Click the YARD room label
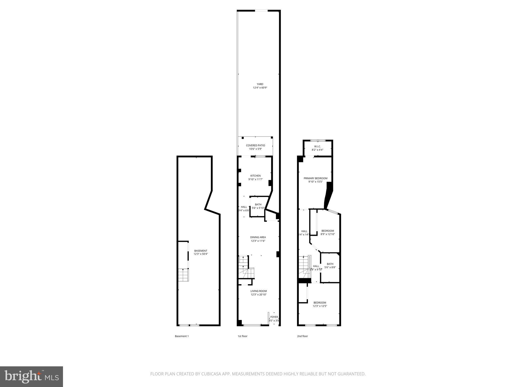[x=260, y=84]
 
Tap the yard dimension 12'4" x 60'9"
[x=260, y=88]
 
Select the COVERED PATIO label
[x=255, y=145]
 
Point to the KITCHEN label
[x=255, y=176]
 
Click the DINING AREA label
[x=258, y=237]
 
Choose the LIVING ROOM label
[x=259, y=291]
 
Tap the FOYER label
[x=274, y=317]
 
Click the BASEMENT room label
[x=201, y=251]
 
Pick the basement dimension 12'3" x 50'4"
[x=201, y=254]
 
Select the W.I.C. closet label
[x=317, y=146]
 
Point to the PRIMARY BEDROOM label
[x=315, y=178]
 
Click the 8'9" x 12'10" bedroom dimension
[x=328, y=234]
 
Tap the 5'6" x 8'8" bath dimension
[x=330, y=267]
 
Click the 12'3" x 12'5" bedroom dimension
[x=320, y=306]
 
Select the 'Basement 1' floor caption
[x=182, y=336]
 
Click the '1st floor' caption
[x=242, y=336]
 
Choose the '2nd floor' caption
[x=302, y=336]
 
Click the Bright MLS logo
[x=31, y=377]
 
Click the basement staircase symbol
[x=183, y=275]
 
